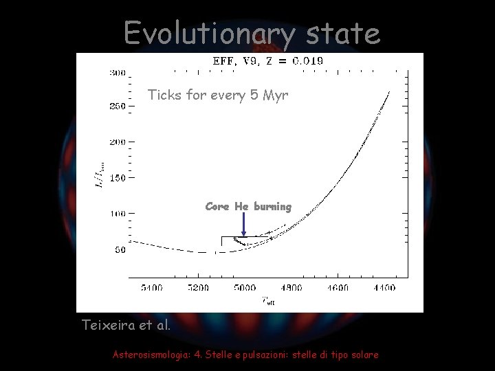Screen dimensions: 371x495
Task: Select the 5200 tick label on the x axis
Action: (198, 288)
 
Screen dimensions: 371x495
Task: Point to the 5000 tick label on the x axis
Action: (243, 288)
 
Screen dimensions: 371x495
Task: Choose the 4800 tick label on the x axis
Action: (290, 288)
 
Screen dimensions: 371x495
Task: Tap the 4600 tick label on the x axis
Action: (337, 288)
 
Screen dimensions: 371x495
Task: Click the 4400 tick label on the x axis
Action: (382, 288)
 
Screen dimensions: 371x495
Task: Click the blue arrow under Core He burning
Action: (244, 224)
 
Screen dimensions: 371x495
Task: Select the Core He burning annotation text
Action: (248, 206)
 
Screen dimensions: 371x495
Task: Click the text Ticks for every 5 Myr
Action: (218, 95)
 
